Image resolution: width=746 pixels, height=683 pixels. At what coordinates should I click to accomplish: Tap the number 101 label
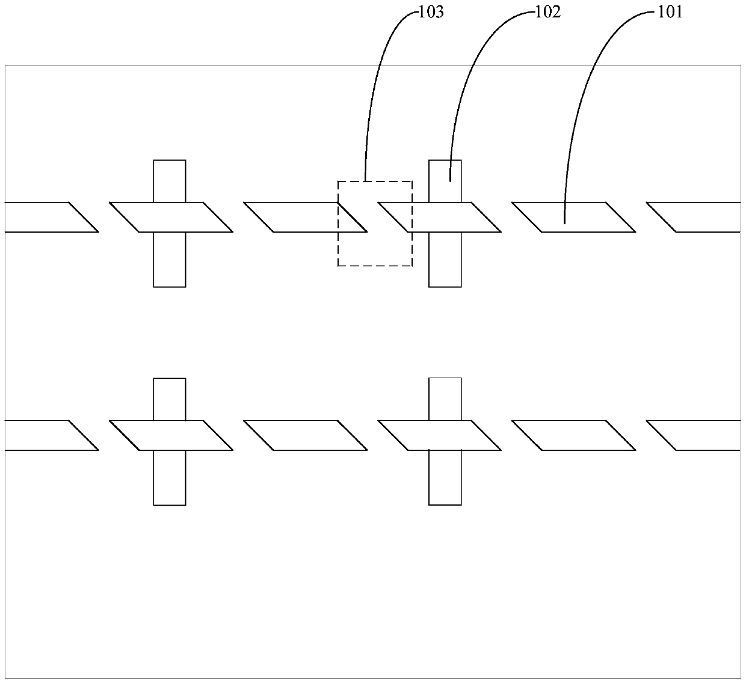[670, 12]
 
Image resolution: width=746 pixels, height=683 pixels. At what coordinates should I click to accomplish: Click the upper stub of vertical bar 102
[445, 180]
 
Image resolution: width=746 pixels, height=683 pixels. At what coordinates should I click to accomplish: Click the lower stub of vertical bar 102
[445, 259]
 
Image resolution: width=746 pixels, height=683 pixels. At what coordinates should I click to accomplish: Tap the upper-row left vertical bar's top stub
[170, 181]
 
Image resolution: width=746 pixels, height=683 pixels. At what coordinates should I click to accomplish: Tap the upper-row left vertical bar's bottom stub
[170, 259]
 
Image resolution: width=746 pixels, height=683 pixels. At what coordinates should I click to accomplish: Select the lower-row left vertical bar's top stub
[170, 399]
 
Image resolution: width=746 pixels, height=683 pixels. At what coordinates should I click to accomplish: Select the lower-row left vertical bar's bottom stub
[170, 477]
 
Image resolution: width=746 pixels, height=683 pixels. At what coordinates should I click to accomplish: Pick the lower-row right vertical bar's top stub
[445, 399]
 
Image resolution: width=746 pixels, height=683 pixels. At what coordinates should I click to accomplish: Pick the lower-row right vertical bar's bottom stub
[445, 477]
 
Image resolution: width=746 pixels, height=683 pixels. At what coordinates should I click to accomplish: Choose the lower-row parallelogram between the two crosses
[305, 435]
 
